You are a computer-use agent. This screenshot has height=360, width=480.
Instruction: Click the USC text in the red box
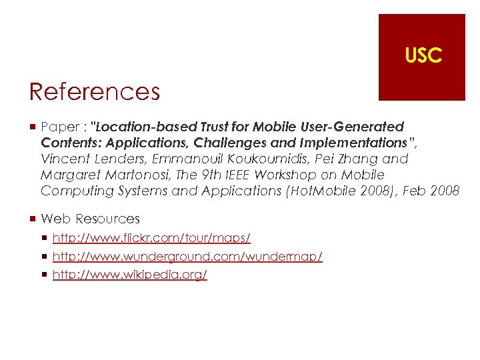(x=423, y=56)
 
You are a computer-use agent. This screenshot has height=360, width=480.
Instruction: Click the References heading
(x=94, y=91)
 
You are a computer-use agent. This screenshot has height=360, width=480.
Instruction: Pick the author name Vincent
(x=63, y=159)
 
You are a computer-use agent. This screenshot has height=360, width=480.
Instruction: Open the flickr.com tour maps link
(x=151, y=238)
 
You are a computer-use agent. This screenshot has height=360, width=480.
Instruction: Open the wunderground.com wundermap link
(x=187, y=257)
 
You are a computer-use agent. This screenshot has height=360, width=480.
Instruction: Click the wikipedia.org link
(x=129, y=275)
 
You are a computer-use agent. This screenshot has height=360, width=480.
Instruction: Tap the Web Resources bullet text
(x=90, y=219)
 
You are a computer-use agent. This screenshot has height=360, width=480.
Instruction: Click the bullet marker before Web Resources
(x=33, y=219)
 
